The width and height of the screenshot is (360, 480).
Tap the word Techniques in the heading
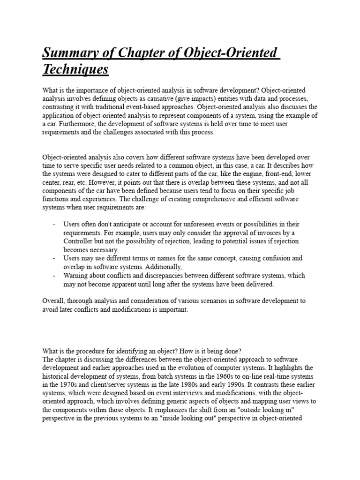coord(75,70)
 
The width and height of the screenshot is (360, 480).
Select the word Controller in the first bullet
coord(79,241)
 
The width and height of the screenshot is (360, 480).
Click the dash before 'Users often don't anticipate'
coord(54,225)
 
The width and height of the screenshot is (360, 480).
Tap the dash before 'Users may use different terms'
coord(54,258)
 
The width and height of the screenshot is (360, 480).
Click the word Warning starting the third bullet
coord(76,275)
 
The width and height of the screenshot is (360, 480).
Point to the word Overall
coord(54,301)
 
